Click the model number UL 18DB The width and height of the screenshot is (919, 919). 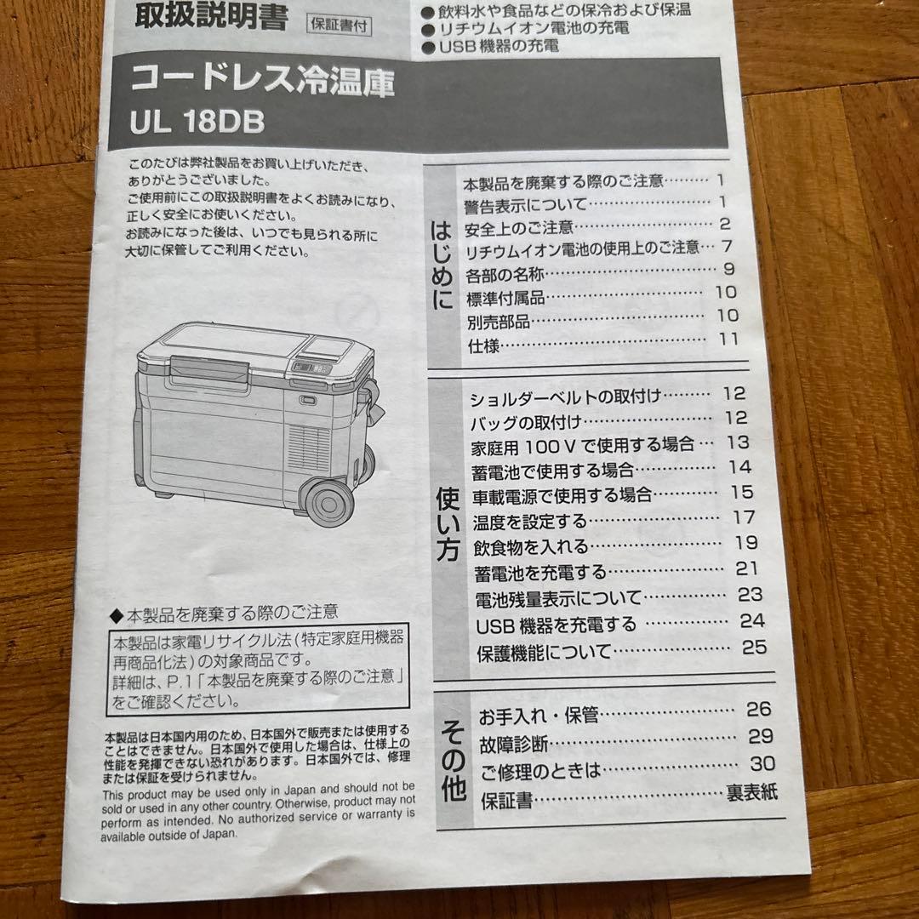click(x=197, y=123)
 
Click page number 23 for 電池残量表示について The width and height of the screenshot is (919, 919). click(x=750, y=595)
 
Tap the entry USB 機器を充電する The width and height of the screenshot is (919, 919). click(x=557, y=625)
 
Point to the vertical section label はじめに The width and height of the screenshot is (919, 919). click(x=442, y=265)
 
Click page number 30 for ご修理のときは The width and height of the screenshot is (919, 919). click(x=762, y=764)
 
